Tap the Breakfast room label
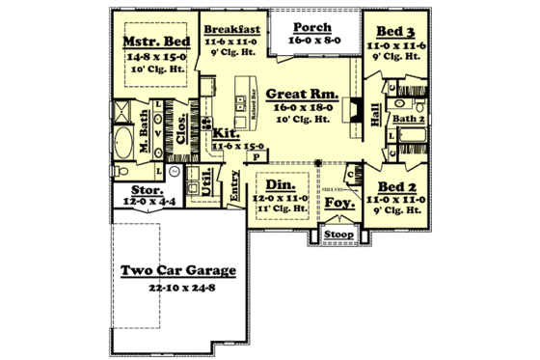(x=229, y=29)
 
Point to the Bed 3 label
(x=396, y=33)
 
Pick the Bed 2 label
(x=395, y=186)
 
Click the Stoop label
(x=338, y=234)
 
